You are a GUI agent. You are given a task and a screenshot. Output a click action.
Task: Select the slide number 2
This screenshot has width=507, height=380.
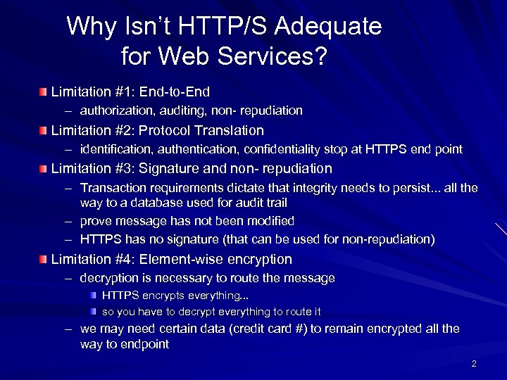(474, 364)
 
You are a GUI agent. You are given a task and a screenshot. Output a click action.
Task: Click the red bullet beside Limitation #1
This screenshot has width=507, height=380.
(44, 92)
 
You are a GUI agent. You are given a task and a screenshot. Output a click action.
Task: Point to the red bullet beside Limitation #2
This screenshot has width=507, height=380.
(44, 131)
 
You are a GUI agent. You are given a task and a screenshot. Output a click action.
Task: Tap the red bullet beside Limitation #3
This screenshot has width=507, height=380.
(44, 170)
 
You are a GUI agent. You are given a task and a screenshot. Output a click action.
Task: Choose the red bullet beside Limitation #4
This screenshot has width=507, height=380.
(44, 260)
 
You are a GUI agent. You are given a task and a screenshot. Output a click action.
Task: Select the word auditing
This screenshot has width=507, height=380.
(187, 110)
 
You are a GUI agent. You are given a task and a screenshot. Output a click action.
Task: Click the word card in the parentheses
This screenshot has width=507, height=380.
(262, 329)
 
